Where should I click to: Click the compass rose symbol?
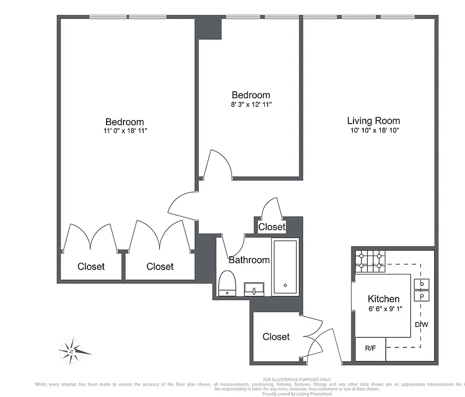pyautogui.click(x=73, y=351)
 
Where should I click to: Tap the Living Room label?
pyautogui.click(x=373, y=121)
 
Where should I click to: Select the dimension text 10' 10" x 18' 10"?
pyautogui.click(x=373, y=131)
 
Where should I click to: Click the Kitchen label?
pyautogui.click(x=383, y=299)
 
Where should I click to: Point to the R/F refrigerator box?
pyautogui.click(x=370, y=348)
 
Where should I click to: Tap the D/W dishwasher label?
pyautogui.click(x=421, y=325)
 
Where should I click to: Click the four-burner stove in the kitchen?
pyautogui.click(x=370, y=261)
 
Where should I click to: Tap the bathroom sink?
pyautogui.click(x=254, y=289)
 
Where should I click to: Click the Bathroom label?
pyautogui.click(x=249, y=260)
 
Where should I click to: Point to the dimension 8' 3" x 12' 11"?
pyautogui.click(x=251, y=105)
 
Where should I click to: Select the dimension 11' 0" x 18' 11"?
pyautogui.click(x=124, y=131)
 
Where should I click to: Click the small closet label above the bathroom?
pyautogui.click(x=272, y=227)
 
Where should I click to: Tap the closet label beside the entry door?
pyautogui.click(x=276, y=336)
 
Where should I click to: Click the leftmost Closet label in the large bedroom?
pyautogui.click(x=91, y=266)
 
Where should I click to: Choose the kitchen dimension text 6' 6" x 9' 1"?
pyautogui.click(x=383, y=309)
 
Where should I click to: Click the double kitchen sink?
pyautogui.click(x=421, y=290)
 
